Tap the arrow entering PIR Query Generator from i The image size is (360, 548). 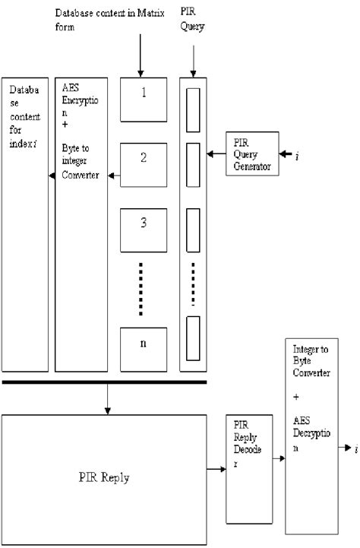coord(286,154)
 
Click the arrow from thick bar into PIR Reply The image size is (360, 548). coord(107,398)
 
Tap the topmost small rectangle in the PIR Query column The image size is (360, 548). coord(193,103)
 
